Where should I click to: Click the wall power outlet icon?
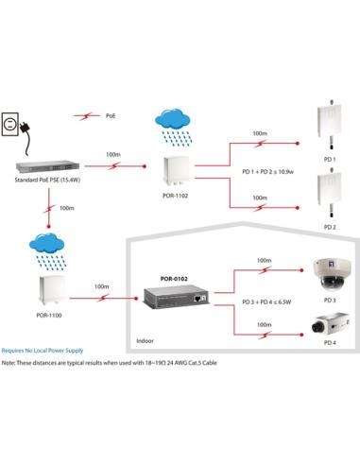point(10,124)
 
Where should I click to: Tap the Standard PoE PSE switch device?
point(47,166)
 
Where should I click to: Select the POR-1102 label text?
point(175,196)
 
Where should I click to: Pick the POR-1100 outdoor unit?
point(51,290)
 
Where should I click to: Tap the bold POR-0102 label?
point(174,279)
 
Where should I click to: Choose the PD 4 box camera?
point(331,323)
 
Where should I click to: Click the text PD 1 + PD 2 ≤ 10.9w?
point(267,172)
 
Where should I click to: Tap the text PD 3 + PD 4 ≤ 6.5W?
point(266,301)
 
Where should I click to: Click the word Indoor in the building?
point(145,341)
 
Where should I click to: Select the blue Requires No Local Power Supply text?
point(43,351)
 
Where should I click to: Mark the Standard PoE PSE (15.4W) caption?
point(47,180)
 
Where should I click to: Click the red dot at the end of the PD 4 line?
point(301,335)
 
